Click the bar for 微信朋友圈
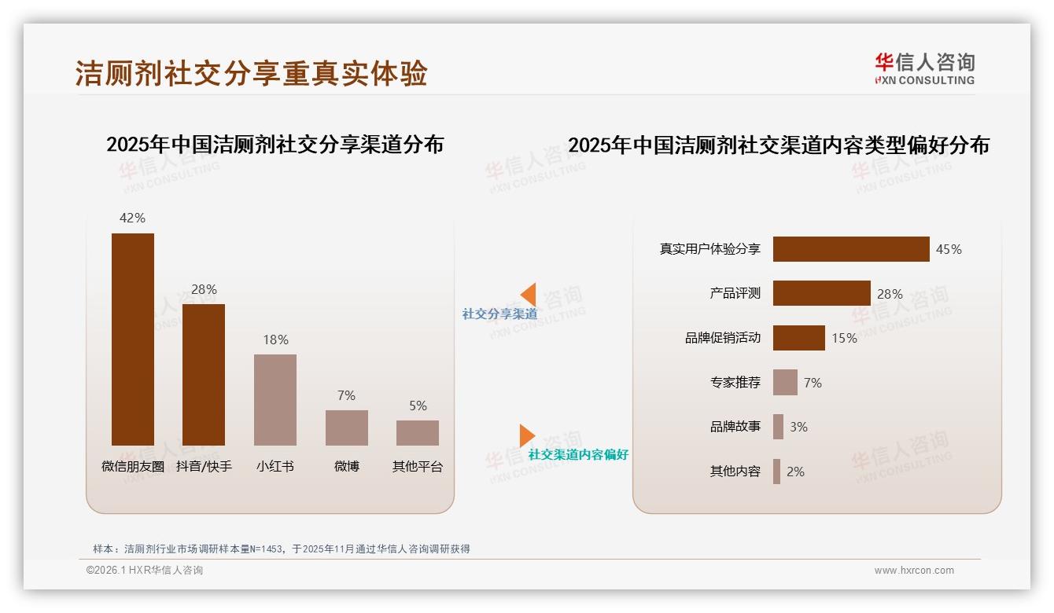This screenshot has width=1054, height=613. [133, 339]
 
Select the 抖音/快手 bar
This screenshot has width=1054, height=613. [204, 374]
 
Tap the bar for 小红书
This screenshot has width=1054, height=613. [275, 399]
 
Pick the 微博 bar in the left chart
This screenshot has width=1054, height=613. [347, 428]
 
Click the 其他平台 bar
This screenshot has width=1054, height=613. [418, 432]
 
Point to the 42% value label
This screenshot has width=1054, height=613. [132, 218]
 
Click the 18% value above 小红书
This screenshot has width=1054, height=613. [275, 340]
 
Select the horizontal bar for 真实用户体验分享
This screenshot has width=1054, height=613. [851, 249]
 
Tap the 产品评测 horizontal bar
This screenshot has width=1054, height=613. [821, 293]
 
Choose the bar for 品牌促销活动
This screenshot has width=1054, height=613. [798, 338]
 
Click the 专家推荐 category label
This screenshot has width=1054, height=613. [735, 383]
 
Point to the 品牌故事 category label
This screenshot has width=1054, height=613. [735, 427]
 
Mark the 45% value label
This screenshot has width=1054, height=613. [949, 249]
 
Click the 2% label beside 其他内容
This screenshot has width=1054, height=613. [795, 472]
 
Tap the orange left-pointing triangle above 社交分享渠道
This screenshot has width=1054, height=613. [529, 295]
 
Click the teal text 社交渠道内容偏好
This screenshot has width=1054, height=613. [578, 454]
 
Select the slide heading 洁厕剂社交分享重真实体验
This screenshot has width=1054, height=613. [251, 73]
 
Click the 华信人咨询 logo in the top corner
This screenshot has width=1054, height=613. [924, 68]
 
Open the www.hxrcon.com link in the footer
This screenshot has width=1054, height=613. [914, 571]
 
